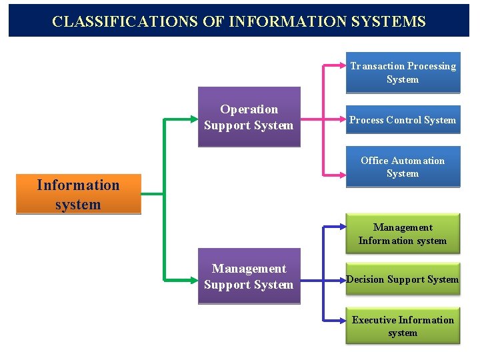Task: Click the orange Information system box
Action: click(78, 195)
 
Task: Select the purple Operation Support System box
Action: click(249, 117)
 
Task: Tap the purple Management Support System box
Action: click(249, 277)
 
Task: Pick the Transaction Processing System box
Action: click(403, 73)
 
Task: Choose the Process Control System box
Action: click(403, 120)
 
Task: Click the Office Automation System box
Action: click(403, 167)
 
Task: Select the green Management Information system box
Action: click(403, 234)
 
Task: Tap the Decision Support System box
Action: click(403, 279)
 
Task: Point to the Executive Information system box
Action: click(403, 326)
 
